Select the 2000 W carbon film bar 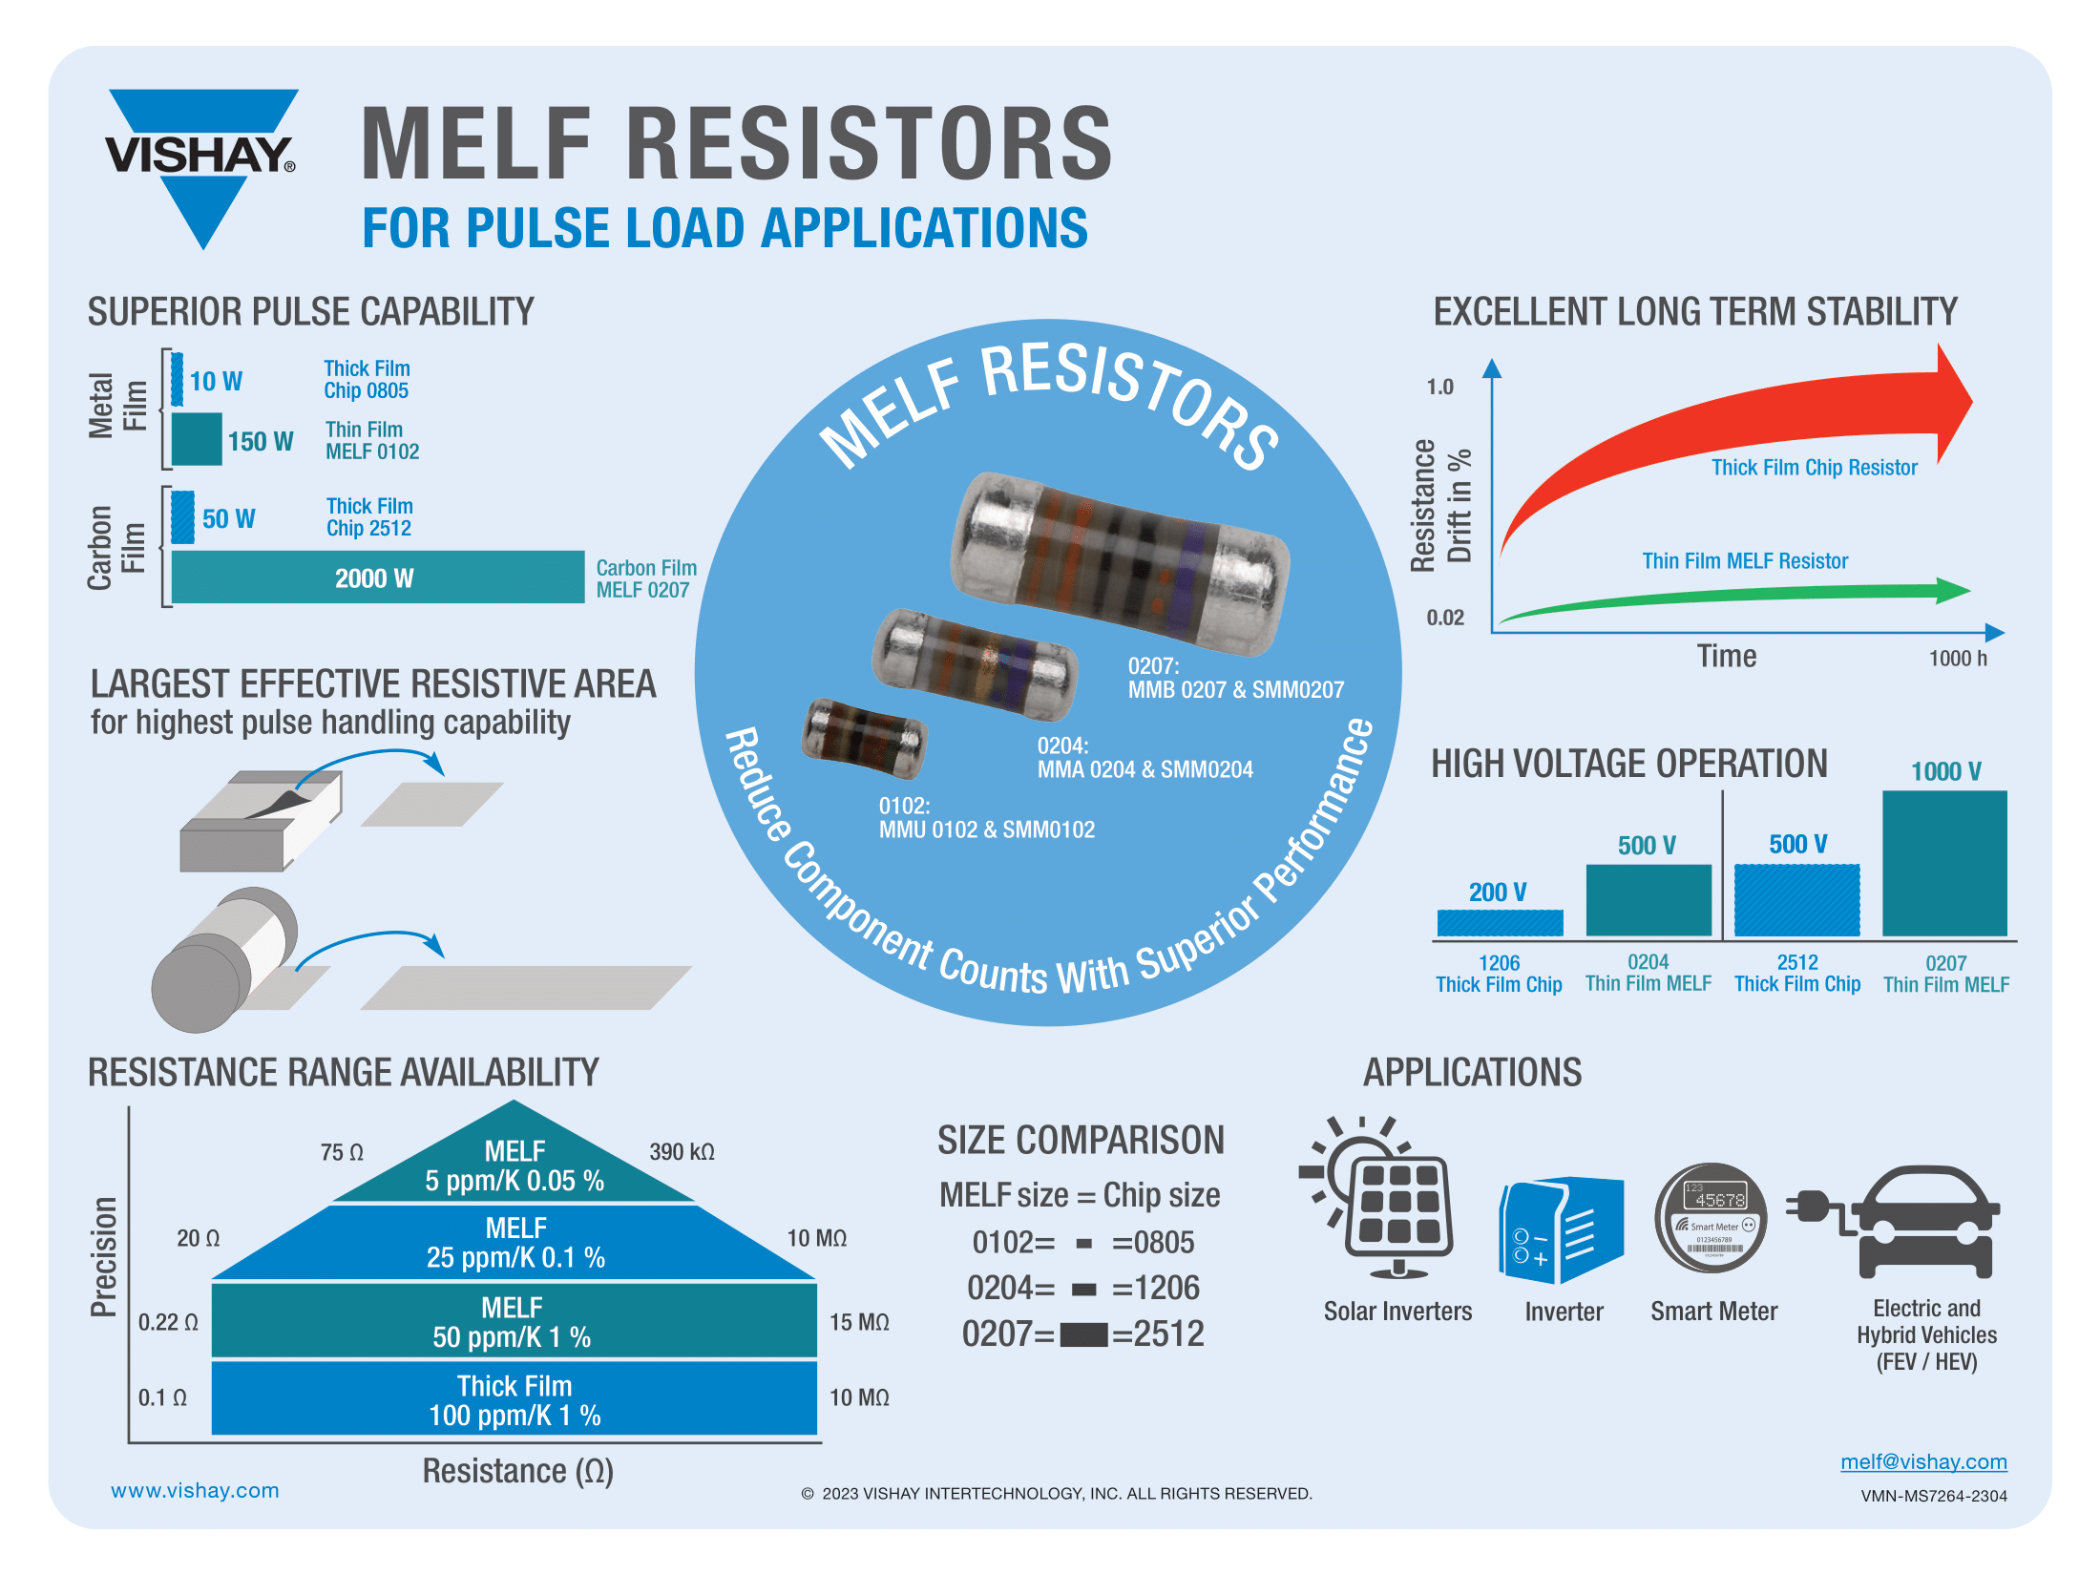click(377, 577)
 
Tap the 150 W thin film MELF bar click(197, 439)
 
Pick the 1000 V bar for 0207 click(1944, 863)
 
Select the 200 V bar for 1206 click(1500, 923)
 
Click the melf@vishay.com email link click(1923, 1461)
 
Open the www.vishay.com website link click(195, 1490)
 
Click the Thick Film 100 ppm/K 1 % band click(514, 1399)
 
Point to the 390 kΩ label click(682, 1152)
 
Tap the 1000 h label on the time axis click(1958, 659)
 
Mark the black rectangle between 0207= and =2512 click(1083, 1334)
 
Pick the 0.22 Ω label click(168, 1322)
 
